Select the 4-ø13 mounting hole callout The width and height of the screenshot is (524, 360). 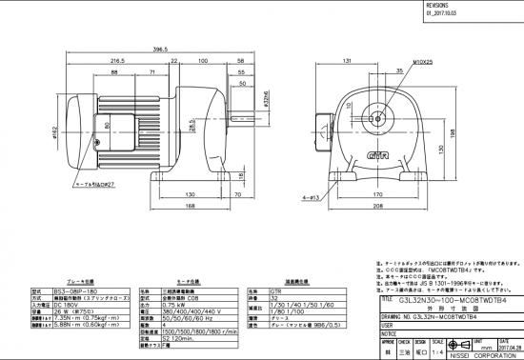click(x=310, y=197)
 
